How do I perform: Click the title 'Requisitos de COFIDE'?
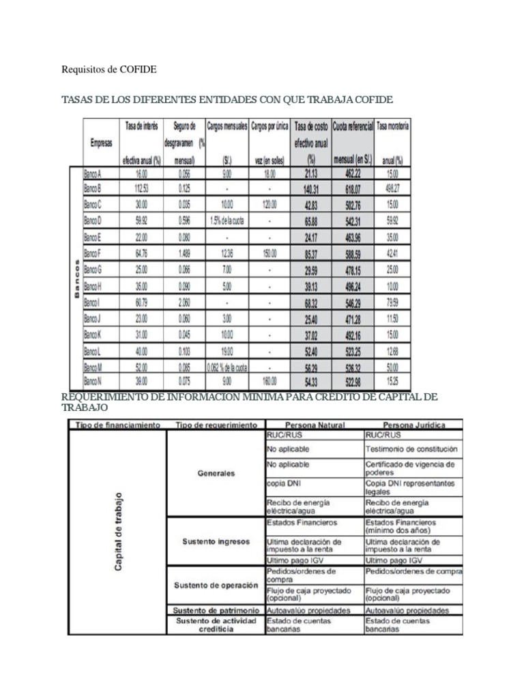pos(109,69)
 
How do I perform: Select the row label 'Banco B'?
pos(93,188)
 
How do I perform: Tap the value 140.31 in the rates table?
pos(311,188)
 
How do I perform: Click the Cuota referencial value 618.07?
pos(353,188)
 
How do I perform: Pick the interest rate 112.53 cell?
pos(141,188)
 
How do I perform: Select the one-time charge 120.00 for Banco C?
pos(270,203)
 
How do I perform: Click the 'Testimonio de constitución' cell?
pos(411,451)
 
